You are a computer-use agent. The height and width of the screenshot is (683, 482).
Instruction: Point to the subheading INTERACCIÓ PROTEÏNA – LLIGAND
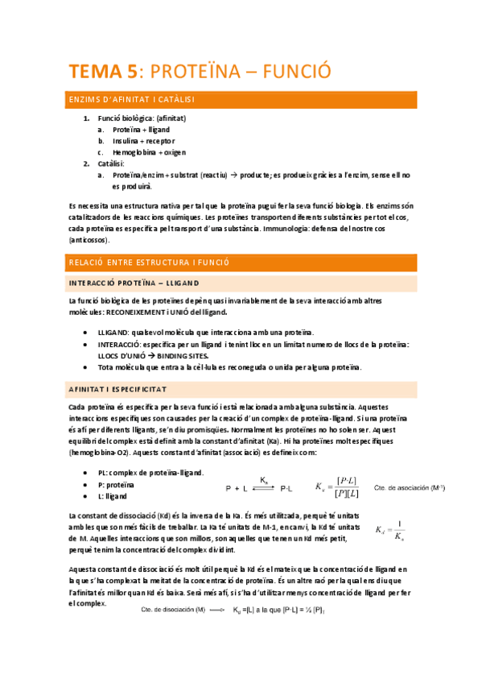(x=134, y=284)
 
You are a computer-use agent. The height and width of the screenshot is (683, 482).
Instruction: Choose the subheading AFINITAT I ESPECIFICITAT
(x=117, y=389)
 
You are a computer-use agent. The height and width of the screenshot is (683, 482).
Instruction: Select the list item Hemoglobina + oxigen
(x=150, y=151)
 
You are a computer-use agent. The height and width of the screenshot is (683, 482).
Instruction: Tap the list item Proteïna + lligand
(x=141, y=129)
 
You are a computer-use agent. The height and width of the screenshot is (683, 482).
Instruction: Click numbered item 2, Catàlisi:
(x=119, y=163)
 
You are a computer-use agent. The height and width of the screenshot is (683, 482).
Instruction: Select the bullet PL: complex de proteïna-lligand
(x=150, y=473)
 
